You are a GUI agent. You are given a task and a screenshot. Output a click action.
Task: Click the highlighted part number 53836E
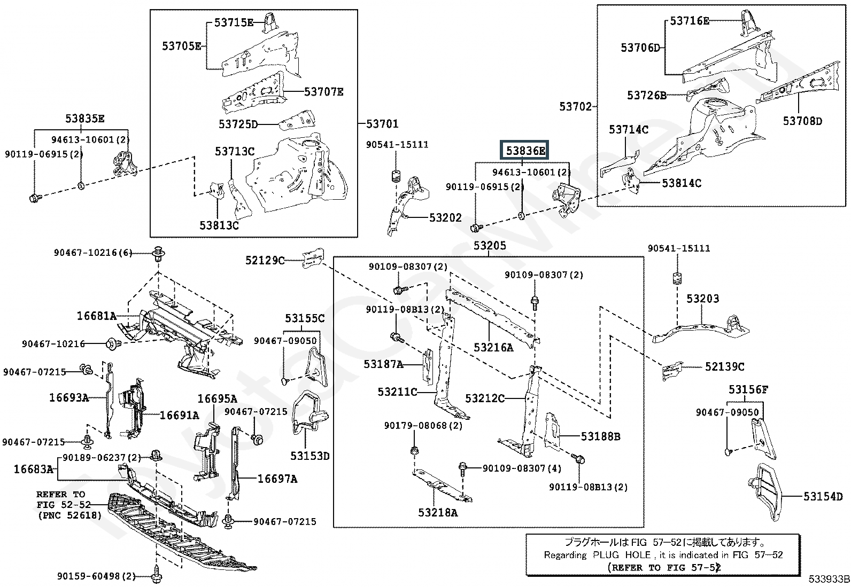[x=525, y=151]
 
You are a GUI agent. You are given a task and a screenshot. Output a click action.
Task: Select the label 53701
[x=383, y=124]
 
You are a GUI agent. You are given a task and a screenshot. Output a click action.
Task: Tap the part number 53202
[x=446, y=217]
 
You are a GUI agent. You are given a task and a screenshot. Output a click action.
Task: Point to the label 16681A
[x=97, y=316]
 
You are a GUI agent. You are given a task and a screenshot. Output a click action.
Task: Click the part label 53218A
[x=438, y=513]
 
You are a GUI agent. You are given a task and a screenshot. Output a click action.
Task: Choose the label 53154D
[x=823, y=496]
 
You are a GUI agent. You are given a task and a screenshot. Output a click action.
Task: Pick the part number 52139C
[x=724, y=366]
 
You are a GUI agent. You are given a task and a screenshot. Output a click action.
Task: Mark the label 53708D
[x=802, y=121]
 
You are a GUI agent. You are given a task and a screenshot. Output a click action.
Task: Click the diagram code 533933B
[x=829, y=579]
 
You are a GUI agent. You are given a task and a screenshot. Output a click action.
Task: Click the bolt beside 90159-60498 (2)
[x=157, y=576]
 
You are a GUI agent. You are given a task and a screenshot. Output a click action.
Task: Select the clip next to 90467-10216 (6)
[x=159, y=253]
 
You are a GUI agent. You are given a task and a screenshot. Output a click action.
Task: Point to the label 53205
[x=490, y=246]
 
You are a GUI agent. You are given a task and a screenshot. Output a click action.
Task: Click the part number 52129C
[x=265, y=260]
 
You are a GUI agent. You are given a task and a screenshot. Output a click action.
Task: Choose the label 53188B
[x=601, y=436]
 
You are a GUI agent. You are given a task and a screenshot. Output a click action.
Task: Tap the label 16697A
[x=277, y=479]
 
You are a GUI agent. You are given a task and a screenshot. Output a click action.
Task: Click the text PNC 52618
[x=70, y=515]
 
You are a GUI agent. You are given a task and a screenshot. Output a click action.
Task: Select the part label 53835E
[x=84, y=119]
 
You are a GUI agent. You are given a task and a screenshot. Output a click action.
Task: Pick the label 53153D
[x=310, y=456]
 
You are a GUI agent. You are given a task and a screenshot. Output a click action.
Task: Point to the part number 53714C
[x=629, y=130]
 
